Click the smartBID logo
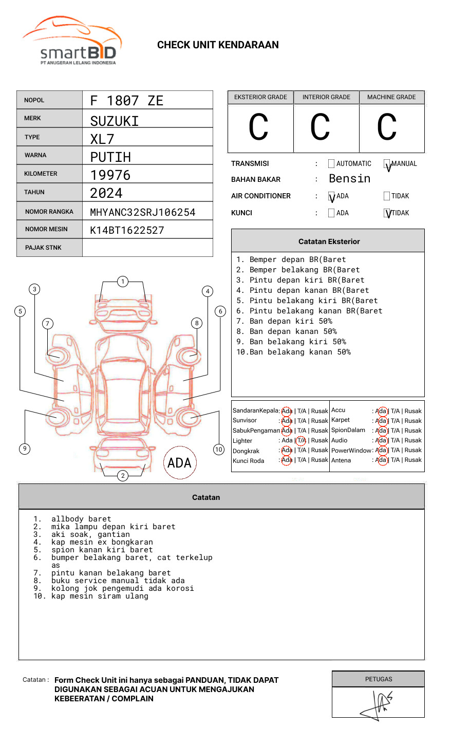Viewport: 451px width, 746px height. click(72, 42)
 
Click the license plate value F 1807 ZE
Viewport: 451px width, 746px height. click(126, 101)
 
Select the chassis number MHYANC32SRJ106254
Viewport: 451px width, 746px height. click(143, 212)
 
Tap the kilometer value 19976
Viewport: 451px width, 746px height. click(110, 175)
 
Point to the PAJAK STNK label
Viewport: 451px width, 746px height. click(43, 248)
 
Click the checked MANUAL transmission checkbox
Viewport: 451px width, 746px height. click(387, 164)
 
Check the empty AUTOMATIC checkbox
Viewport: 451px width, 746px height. click(331, 164)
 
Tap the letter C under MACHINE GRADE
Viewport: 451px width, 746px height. click(387, 127)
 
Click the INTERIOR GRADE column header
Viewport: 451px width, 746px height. click(326, 97)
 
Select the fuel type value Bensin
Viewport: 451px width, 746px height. click(349, 179)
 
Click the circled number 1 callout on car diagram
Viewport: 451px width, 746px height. click(122, 282)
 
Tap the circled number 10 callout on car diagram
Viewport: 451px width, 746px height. click(219, 450)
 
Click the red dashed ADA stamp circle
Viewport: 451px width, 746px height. click(179, 463)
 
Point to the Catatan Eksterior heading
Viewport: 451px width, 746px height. click(329, 241)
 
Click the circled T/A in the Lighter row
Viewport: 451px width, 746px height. click(302, 440)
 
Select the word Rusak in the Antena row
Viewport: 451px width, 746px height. click(413, 460)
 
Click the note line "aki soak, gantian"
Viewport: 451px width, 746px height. click(90, 534)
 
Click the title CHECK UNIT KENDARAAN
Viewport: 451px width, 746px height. click(218, 45)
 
